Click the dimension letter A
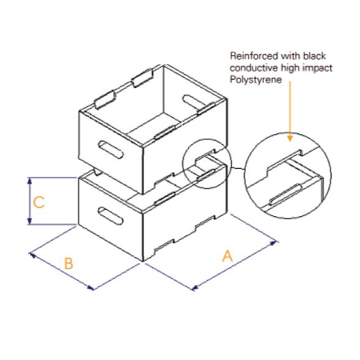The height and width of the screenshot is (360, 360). click(228, 256)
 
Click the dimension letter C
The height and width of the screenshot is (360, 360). click(39, 202)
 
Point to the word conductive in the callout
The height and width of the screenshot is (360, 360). click(249, 67)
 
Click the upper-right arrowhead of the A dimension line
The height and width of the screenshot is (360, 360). click(276, 243)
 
